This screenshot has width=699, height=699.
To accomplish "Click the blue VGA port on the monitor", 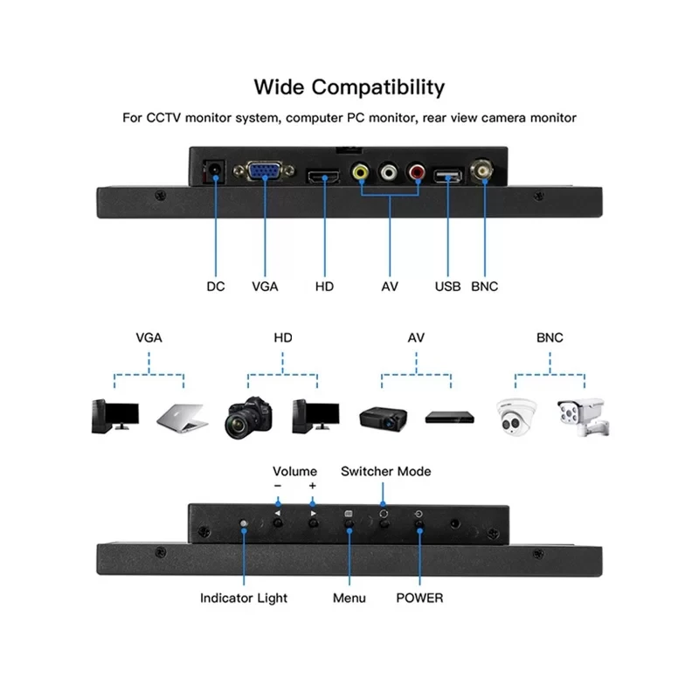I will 264,170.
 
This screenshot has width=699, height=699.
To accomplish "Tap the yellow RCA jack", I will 360,173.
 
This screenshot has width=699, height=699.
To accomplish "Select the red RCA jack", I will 416,173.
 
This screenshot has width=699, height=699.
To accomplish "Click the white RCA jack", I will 388,173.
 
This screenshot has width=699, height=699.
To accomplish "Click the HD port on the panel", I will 323,177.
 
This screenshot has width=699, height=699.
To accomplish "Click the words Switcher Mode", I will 385,471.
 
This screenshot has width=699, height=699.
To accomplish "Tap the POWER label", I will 419,598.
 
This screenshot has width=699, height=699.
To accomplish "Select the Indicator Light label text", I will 244,598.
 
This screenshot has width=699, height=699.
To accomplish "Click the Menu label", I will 349,598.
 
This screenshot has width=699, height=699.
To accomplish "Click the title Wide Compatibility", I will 349,87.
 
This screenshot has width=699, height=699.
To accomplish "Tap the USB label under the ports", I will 448,286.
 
